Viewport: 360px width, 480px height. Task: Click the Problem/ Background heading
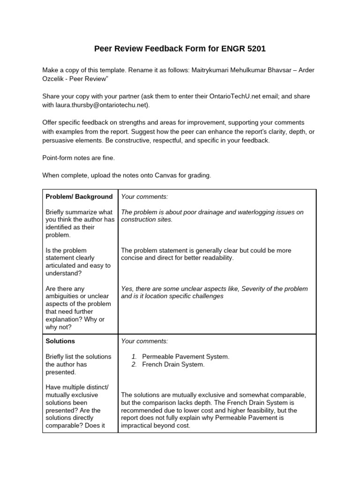[x=79, y=196]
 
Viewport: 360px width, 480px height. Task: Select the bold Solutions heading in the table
[x=60, y=341]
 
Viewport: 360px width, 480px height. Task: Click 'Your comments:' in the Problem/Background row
[x=144, y=196]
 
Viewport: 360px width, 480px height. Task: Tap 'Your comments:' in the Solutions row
[x=144, y=341]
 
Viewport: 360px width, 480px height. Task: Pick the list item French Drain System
[x=173, y=364]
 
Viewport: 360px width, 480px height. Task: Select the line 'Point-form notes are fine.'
[x=78, y=157]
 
